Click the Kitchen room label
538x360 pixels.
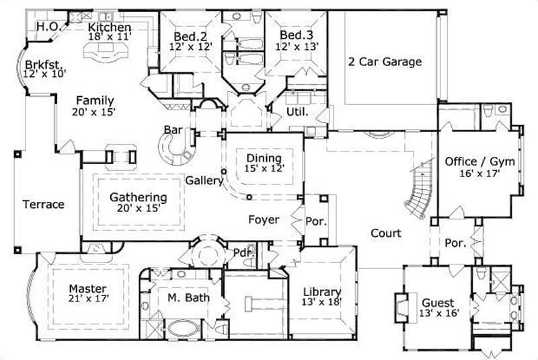pos(110,27)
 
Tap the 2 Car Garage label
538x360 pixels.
pos(385,62)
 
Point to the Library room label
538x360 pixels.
pos(321,291)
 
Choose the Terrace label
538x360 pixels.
pos(42,204)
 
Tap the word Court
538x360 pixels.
pos(386,233)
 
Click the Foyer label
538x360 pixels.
pos(264,219)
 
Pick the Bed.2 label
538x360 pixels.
pos(185,36)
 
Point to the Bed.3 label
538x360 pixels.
pos(293,35)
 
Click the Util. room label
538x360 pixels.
pos(298,112)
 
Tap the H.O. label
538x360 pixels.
pos(48,26)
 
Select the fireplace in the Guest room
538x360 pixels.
pos(401,307)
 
